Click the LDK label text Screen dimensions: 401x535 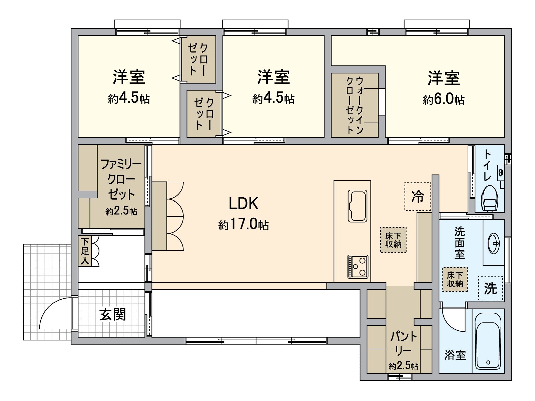243,204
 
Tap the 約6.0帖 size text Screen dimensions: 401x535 443,99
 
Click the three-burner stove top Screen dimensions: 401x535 358,266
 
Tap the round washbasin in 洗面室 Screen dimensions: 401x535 494,243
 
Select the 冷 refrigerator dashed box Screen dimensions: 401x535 418,196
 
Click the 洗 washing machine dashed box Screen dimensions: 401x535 490,288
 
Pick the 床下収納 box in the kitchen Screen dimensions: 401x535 393,240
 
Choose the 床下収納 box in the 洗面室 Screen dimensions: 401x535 455,279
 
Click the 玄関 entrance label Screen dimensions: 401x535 112,314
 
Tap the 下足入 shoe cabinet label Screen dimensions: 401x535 85,251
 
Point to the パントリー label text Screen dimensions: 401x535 404,343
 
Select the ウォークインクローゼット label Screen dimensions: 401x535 354,105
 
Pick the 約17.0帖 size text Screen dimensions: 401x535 243,224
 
